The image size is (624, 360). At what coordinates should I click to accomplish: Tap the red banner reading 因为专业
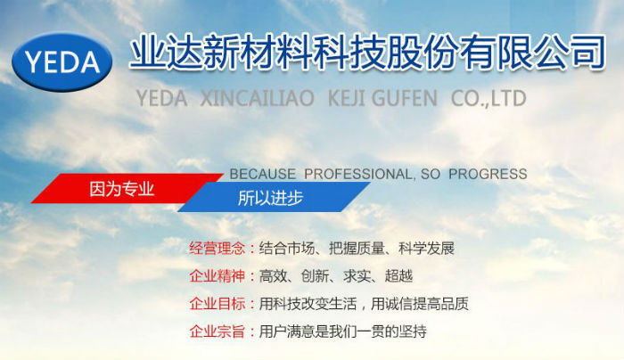point(125,189)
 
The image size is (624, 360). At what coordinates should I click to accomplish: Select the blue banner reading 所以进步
point(272,198)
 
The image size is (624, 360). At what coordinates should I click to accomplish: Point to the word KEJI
point(352,98)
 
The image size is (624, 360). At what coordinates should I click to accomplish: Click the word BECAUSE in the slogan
point(262,174)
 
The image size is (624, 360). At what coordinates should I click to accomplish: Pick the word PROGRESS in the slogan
point(488,174)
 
